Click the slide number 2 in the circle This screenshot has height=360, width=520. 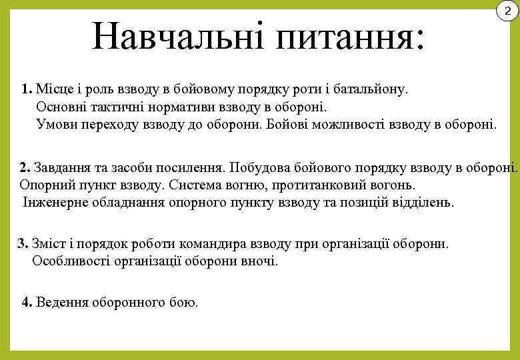[x=507, y=11]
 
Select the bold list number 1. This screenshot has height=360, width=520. [x=26, y=89]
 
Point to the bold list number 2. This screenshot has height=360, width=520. [x=25, y=167]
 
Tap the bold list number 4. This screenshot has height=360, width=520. [x=27, y=302]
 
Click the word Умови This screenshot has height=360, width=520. [x=57, y=123]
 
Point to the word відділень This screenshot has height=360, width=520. [x=421, y=202]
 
